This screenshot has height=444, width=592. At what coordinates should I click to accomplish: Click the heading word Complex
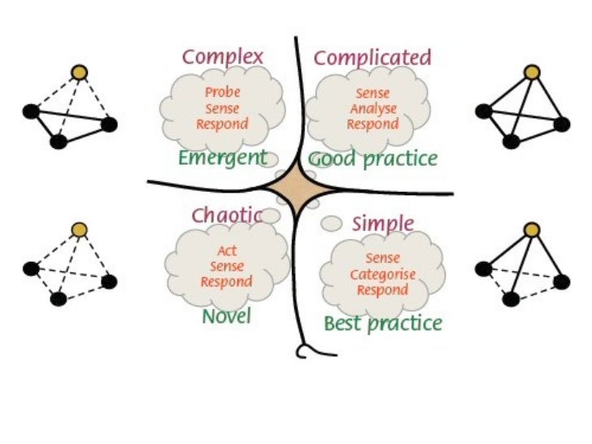coord(223,57)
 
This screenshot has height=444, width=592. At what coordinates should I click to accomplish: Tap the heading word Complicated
coord(372,58)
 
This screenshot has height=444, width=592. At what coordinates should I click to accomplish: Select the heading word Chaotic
coord(227,215)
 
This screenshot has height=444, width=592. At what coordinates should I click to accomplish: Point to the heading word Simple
coord(383,224)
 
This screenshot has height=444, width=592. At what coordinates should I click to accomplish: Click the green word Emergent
coord(223,158)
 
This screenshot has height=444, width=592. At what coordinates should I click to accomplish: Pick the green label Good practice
coord(373,159)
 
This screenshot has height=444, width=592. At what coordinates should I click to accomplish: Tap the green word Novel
coord(226,316)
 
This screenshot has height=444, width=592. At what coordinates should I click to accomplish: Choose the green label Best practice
coord(383,324)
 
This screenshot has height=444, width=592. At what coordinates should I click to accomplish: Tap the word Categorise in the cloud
coord(383,274)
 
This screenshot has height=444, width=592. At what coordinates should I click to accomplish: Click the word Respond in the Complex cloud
coord(222,124)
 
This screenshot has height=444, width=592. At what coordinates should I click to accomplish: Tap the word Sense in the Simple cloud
coord(383,259)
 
